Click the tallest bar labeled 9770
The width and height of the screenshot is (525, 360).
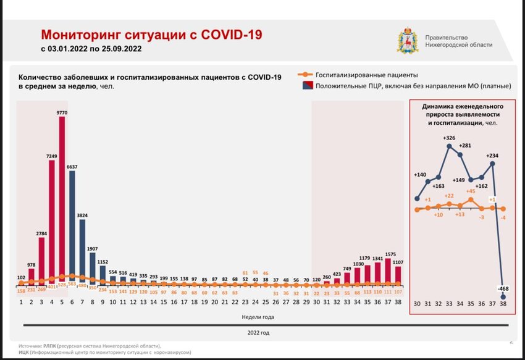coord(62,198)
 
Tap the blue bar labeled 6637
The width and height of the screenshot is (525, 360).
coord(72,228)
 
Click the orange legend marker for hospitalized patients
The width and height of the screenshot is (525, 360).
coord(304,75)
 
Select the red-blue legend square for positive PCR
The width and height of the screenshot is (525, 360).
coord(304,86)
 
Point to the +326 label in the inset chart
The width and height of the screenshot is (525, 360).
coord(450,137)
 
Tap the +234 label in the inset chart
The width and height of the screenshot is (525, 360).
coord(493,156)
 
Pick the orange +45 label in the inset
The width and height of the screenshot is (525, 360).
coord(470,191)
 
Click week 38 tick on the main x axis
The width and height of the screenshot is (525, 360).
coord(398,302)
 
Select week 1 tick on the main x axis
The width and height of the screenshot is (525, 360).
coord(22,302)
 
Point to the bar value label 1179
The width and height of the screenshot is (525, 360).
coord(367,258)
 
